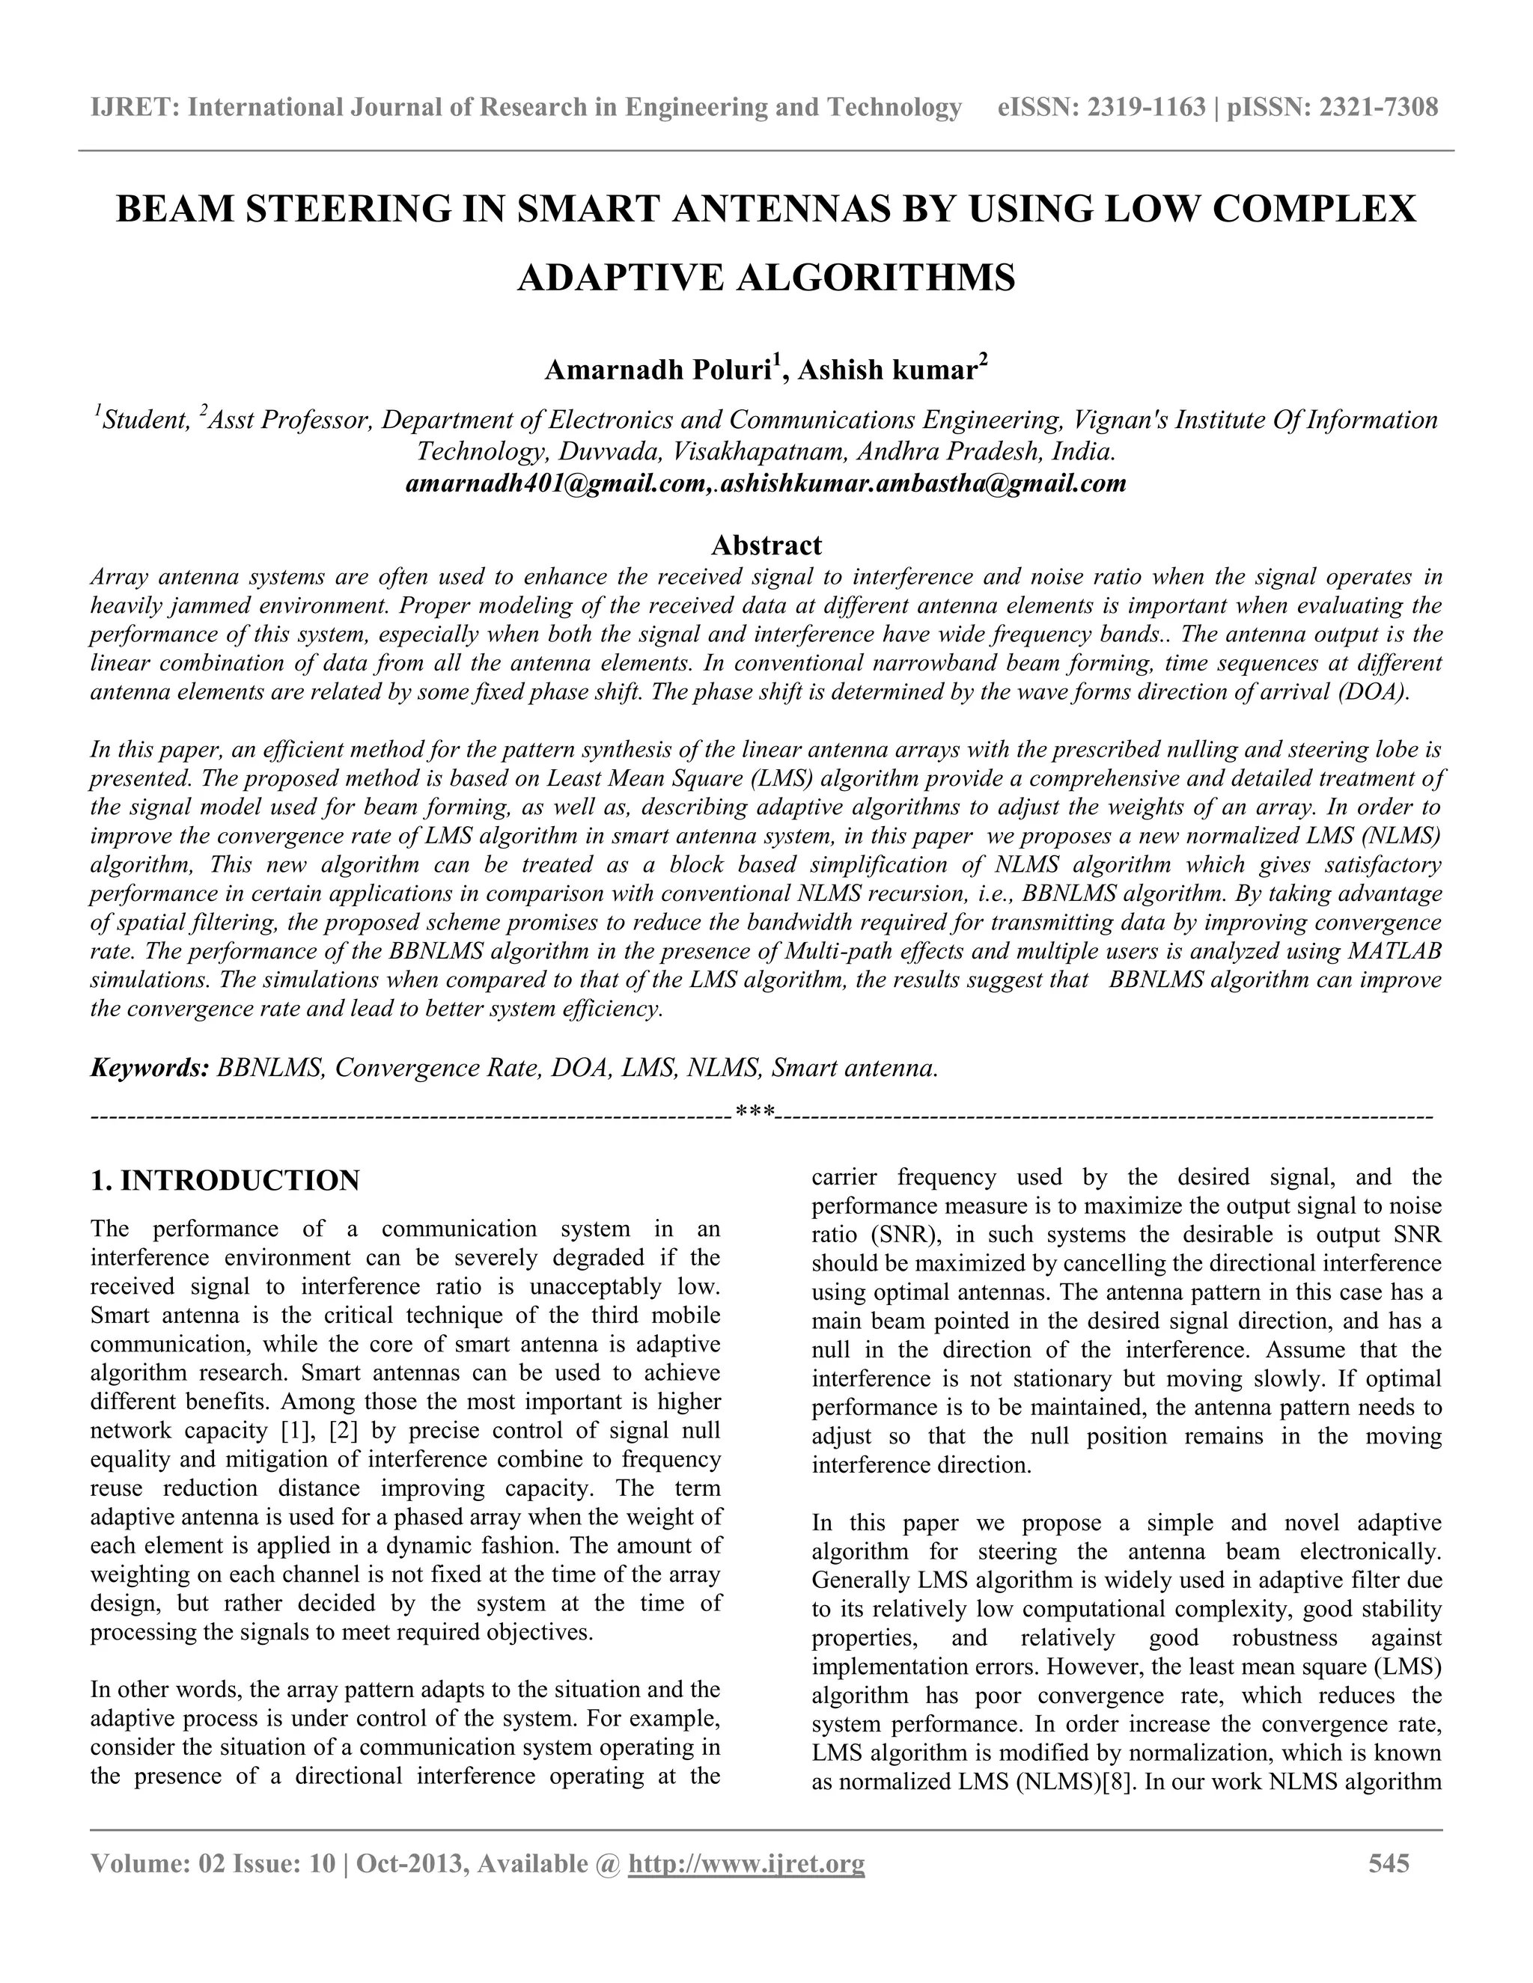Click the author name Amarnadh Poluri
(656, 370)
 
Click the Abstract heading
(766, 545)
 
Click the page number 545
(1389, 1864)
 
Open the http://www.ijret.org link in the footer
(746, 1864)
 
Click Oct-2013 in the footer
(409, 1864)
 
